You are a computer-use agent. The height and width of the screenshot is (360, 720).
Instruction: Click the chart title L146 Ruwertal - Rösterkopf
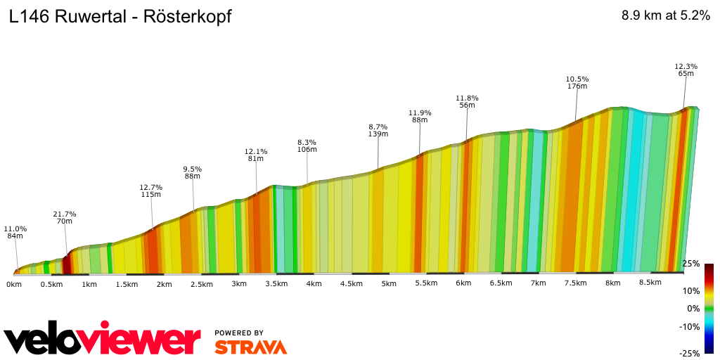point(120,17)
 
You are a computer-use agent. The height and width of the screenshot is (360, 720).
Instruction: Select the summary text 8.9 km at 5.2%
point(666,16)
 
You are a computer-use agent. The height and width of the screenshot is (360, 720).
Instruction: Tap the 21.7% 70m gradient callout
point(65,217)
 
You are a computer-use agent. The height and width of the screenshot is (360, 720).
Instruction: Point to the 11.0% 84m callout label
point(15,233)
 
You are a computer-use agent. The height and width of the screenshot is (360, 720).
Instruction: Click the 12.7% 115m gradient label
point(151,191)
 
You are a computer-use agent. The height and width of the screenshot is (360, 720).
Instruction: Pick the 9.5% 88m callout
point(193,172)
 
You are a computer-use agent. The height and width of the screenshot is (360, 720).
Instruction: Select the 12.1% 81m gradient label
point(256,155)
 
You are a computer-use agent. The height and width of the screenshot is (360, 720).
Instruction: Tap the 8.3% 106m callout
point(307,146)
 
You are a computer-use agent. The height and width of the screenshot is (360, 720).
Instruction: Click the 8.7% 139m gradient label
point(378,130)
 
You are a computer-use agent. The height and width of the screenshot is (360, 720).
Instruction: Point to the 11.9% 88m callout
point(420,116)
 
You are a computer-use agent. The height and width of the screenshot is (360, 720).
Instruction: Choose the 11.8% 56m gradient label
point(467,101)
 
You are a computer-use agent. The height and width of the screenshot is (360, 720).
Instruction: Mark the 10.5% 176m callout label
point(577,82)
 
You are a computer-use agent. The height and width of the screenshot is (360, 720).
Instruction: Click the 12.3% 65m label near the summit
point(686,70)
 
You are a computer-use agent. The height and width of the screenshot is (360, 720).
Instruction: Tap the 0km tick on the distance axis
point(14,283)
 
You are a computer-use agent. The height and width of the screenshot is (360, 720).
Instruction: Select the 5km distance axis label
point(389,283)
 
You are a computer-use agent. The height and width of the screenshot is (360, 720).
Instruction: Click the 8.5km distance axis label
point(650,283)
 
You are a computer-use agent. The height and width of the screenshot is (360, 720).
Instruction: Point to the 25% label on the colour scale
point(691,264)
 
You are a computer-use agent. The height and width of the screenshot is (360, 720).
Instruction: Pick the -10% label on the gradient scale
point(690,326)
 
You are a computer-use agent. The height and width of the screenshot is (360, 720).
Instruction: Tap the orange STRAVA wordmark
point(250,347)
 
